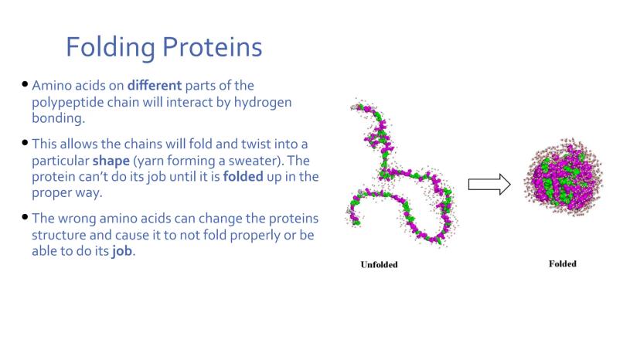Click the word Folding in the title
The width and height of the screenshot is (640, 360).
tap(111, 48)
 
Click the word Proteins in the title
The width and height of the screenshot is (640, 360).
tap(213, 47)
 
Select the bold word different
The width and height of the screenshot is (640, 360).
tap(155, 85)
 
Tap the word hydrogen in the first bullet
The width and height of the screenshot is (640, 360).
tap(263, 103)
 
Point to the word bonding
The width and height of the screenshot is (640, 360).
tap(59, 118)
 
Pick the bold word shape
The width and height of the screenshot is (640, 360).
tap(111, 161)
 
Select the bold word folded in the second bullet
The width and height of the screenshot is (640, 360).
tap(243, 177)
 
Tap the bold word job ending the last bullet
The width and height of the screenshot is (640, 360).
tap(122, 251)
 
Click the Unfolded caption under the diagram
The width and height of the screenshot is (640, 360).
tap(379, 264)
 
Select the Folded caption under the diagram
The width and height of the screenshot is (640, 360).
tap(563, 263)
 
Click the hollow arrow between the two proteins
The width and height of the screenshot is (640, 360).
tap(489, 184)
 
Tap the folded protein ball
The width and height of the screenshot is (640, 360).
tap(563, 177)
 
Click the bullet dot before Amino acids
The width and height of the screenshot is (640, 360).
tap(25, 84)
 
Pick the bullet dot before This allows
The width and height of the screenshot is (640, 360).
tap(25, 142)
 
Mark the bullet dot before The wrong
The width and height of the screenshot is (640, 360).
tap(25, 217)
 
